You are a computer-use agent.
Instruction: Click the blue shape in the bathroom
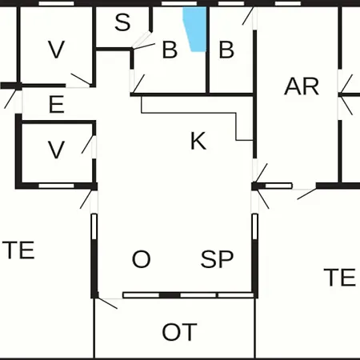[195, 29]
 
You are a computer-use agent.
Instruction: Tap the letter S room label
[122, 22]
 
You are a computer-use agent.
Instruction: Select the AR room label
[302, 86]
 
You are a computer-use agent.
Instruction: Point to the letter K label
[198, 141]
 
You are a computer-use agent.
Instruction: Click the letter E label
[57, 104]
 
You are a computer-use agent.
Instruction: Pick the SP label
[217, 259]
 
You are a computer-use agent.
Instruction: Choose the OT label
[179, 332]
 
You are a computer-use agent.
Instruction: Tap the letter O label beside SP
[141, 259]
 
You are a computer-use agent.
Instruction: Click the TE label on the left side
[18, 250]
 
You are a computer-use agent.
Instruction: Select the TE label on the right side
[339, 278]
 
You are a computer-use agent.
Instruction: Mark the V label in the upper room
[56, 50]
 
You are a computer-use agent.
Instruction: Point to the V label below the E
[56, 150]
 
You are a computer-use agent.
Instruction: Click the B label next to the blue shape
[170, 50]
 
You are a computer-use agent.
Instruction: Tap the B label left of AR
[226, 50]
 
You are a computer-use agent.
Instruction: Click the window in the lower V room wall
[56, 186]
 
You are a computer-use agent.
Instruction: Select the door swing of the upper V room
[81, 79]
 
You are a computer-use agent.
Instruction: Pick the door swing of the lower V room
[88, 145]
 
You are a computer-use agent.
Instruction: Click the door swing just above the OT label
[106, 303]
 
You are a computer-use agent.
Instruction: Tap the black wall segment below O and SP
[170, 295]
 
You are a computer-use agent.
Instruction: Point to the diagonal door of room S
[142, 40]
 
